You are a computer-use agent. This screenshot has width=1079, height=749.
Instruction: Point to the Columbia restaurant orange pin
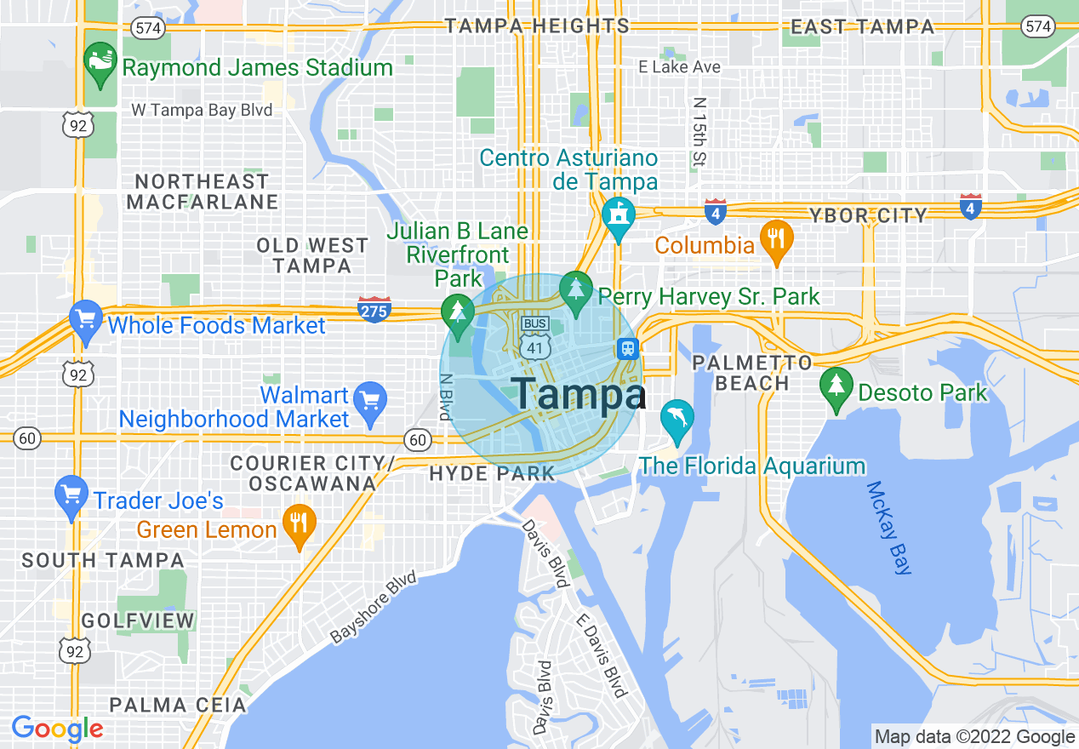[x=776, y=241]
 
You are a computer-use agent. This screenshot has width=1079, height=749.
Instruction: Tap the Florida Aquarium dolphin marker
[x=677, y=420]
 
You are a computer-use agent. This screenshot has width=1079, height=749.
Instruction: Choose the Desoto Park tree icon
[x=836, y=388]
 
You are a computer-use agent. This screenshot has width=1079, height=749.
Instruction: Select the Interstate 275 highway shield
[x=374, y=309]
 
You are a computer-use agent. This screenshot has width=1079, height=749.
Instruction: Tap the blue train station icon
[x=628, y=348]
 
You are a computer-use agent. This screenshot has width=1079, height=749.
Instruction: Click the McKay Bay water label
[x=889, y=528]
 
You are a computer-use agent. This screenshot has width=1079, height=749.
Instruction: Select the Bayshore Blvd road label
[x=374, y=607]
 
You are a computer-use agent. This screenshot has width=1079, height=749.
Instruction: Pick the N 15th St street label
[x=699, y=131]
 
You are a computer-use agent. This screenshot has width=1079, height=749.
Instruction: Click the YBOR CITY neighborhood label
[x=868, y=215]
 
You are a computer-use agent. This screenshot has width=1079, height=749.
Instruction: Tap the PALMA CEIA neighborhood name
[x=178, y=705]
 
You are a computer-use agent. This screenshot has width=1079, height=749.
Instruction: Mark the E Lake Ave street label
[x=679, y=66]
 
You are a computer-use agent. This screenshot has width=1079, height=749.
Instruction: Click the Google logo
[x=57, y=729]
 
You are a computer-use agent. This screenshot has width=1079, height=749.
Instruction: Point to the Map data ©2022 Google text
[x=974, y=737]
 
